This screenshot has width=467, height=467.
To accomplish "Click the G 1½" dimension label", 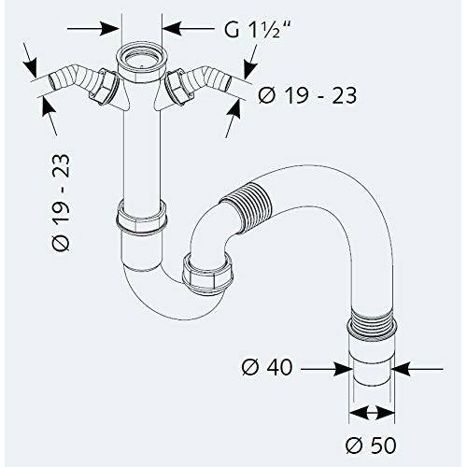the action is click(x=258, y=29).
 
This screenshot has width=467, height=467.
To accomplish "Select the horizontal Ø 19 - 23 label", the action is click(x=307, y=95).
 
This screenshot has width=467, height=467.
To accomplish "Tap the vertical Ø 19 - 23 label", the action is click(x=61, y=203).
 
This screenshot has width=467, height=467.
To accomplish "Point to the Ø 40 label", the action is click(x=267, y=367).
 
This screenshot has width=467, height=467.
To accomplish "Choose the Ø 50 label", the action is click(x=371, y=446).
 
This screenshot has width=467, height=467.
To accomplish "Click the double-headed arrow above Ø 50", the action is click(x=372, y=413).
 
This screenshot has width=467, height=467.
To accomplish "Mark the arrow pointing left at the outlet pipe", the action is click(x=417, y=369).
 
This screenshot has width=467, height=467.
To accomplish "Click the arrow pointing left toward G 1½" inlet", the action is click(x=189, y=28).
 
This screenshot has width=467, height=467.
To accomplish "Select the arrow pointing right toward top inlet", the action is click(x=93, y=28).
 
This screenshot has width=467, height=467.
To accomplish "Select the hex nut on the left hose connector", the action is click(x=104, y=87).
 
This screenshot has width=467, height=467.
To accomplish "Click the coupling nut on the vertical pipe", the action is click(x=142, y=218).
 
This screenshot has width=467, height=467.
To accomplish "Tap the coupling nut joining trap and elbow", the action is click(x=206, y=274).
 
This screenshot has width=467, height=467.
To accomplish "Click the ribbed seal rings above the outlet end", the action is click(x=372, y=325).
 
